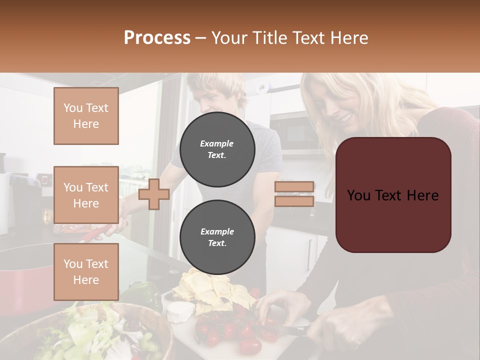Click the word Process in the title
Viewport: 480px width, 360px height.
[157, 38]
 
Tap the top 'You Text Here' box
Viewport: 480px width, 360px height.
[86, 116]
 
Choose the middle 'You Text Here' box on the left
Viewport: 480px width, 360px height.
[86, 195]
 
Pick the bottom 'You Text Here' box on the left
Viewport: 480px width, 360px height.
[86, 272]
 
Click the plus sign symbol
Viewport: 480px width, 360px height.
[153, 194]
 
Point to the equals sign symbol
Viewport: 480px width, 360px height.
[294, 194]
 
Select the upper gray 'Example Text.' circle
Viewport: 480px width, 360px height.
[217, 149]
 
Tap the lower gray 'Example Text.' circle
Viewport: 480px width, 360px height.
[217, 237]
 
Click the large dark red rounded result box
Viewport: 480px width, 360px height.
[393, 195]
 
